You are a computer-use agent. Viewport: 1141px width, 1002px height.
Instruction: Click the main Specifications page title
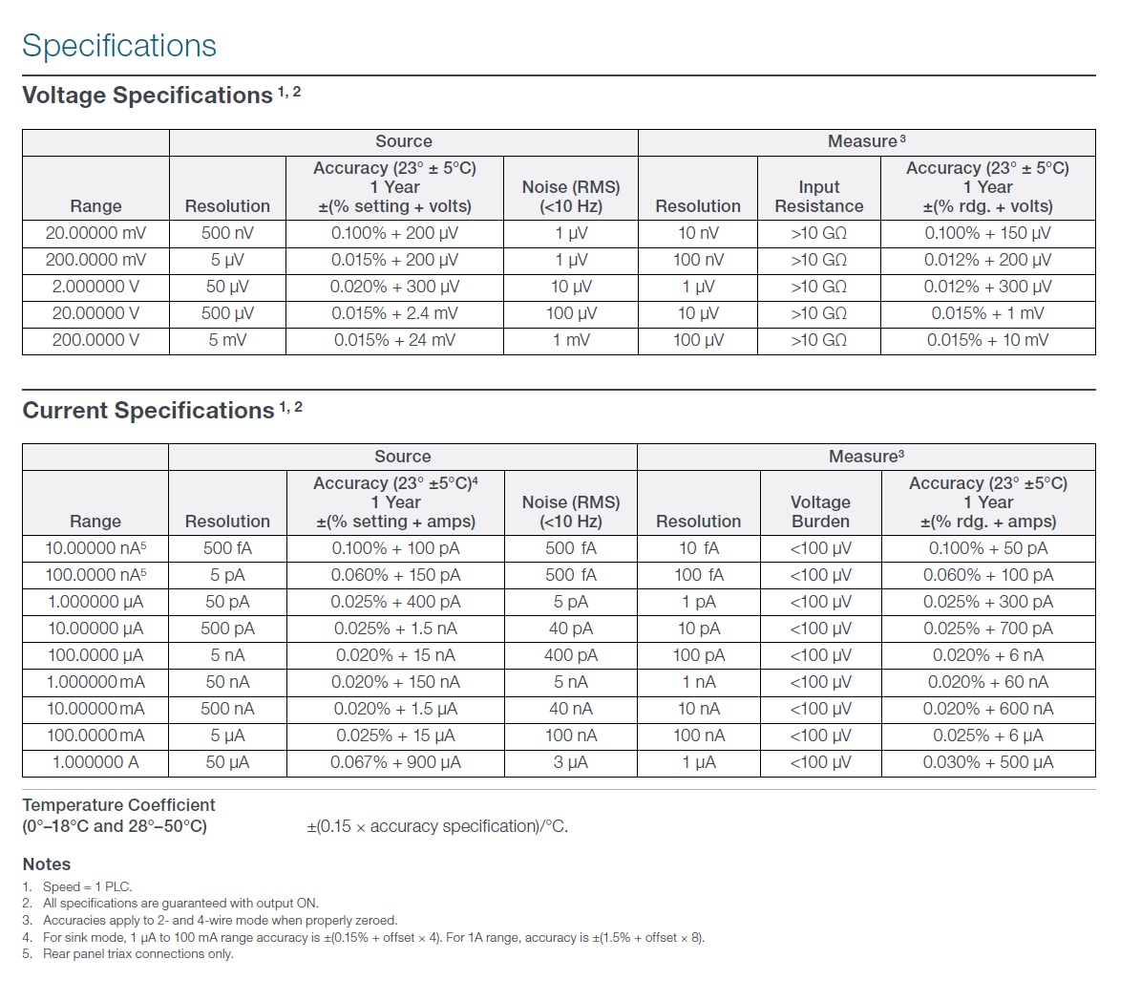point(119,46)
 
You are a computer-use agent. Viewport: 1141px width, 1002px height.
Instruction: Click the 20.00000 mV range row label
point(96,233)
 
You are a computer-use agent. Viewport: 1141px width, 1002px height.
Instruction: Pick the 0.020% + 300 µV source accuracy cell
point(395,287)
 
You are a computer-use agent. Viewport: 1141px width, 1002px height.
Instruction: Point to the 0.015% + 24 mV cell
point(395,340)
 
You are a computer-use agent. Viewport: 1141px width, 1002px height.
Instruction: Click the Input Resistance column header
point(819,197)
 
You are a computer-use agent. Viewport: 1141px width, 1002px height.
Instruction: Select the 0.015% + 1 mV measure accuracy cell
point(988,313)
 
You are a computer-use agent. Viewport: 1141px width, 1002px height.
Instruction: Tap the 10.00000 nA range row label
point(96,547)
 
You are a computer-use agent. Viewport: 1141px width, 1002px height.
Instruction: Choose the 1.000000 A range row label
point(96,762)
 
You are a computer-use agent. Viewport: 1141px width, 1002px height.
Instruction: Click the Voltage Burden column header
point(821,512)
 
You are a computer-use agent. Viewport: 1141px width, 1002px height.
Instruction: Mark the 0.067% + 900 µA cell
point(396,762)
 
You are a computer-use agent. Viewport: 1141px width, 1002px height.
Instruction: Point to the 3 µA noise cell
point(571,762)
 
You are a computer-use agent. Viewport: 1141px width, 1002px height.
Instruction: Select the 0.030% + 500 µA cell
point(988,762)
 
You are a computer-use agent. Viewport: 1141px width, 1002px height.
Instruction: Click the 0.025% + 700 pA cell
point(988,629)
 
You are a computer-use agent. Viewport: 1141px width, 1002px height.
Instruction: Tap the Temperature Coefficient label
point(118,816)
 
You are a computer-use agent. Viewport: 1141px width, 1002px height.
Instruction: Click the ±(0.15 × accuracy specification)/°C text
point(437,826)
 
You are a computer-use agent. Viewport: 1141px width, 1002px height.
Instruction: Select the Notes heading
point(47,864)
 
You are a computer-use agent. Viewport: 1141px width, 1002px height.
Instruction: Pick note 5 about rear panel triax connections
point(128,954)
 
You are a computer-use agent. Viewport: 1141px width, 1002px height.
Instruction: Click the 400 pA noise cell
point(571,655)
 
